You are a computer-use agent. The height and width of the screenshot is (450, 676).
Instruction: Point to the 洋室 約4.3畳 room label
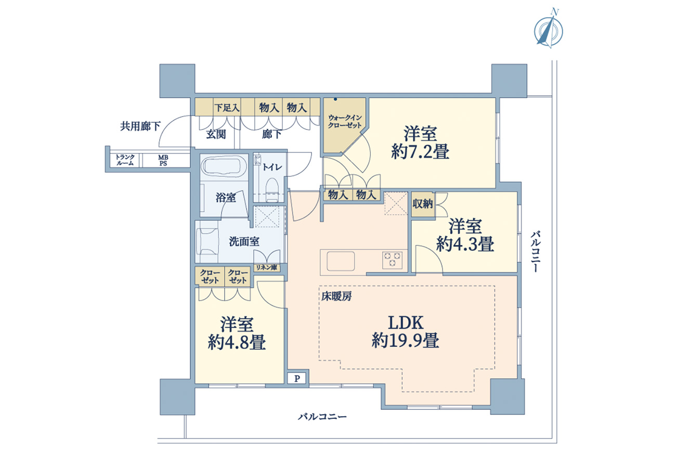click(465, 235)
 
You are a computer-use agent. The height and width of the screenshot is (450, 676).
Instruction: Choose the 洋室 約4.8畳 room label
click(237, 333)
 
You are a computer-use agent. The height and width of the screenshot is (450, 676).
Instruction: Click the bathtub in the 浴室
click(223, 168)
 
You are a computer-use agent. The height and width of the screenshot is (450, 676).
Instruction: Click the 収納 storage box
click(422, 204)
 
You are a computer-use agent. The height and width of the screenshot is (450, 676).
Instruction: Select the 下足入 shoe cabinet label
click(227, 108)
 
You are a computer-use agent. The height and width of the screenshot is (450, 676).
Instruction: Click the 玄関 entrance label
click(216, 134)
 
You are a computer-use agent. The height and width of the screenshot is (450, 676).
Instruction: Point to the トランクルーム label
click(125, 160)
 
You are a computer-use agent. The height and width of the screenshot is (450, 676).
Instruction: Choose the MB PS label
click(163, 160)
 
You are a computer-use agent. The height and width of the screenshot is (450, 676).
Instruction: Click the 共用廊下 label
click(140, 126)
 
